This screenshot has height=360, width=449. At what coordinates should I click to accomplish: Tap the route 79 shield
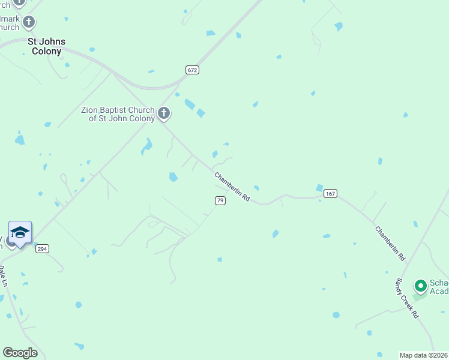[220, 200]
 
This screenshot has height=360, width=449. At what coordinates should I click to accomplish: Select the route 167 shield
[330, 193]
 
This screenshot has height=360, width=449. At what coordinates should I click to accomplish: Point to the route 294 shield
[41, 248]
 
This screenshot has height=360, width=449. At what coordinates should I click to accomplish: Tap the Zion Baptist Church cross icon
[164, 113]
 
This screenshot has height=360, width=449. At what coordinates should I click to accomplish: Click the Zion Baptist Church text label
[118, 114]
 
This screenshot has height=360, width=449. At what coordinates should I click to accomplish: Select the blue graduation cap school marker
[20, 233]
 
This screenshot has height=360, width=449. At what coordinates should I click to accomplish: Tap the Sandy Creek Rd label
[406, 298]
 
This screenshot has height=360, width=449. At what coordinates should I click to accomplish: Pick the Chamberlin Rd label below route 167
[390, 243]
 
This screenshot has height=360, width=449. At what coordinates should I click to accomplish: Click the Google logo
[20, 353]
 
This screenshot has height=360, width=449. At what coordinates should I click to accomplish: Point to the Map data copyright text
[424, 355]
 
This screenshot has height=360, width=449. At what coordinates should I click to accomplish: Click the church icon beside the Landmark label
[29, 23]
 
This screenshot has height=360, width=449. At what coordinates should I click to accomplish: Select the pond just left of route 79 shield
[173, 177]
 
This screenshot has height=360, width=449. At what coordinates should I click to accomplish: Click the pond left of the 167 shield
[319, 188]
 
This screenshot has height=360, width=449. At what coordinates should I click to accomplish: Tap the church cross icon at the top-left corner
[19, 2]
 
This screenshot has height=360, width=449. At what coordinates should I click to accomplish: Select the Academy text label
[439, 292]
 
